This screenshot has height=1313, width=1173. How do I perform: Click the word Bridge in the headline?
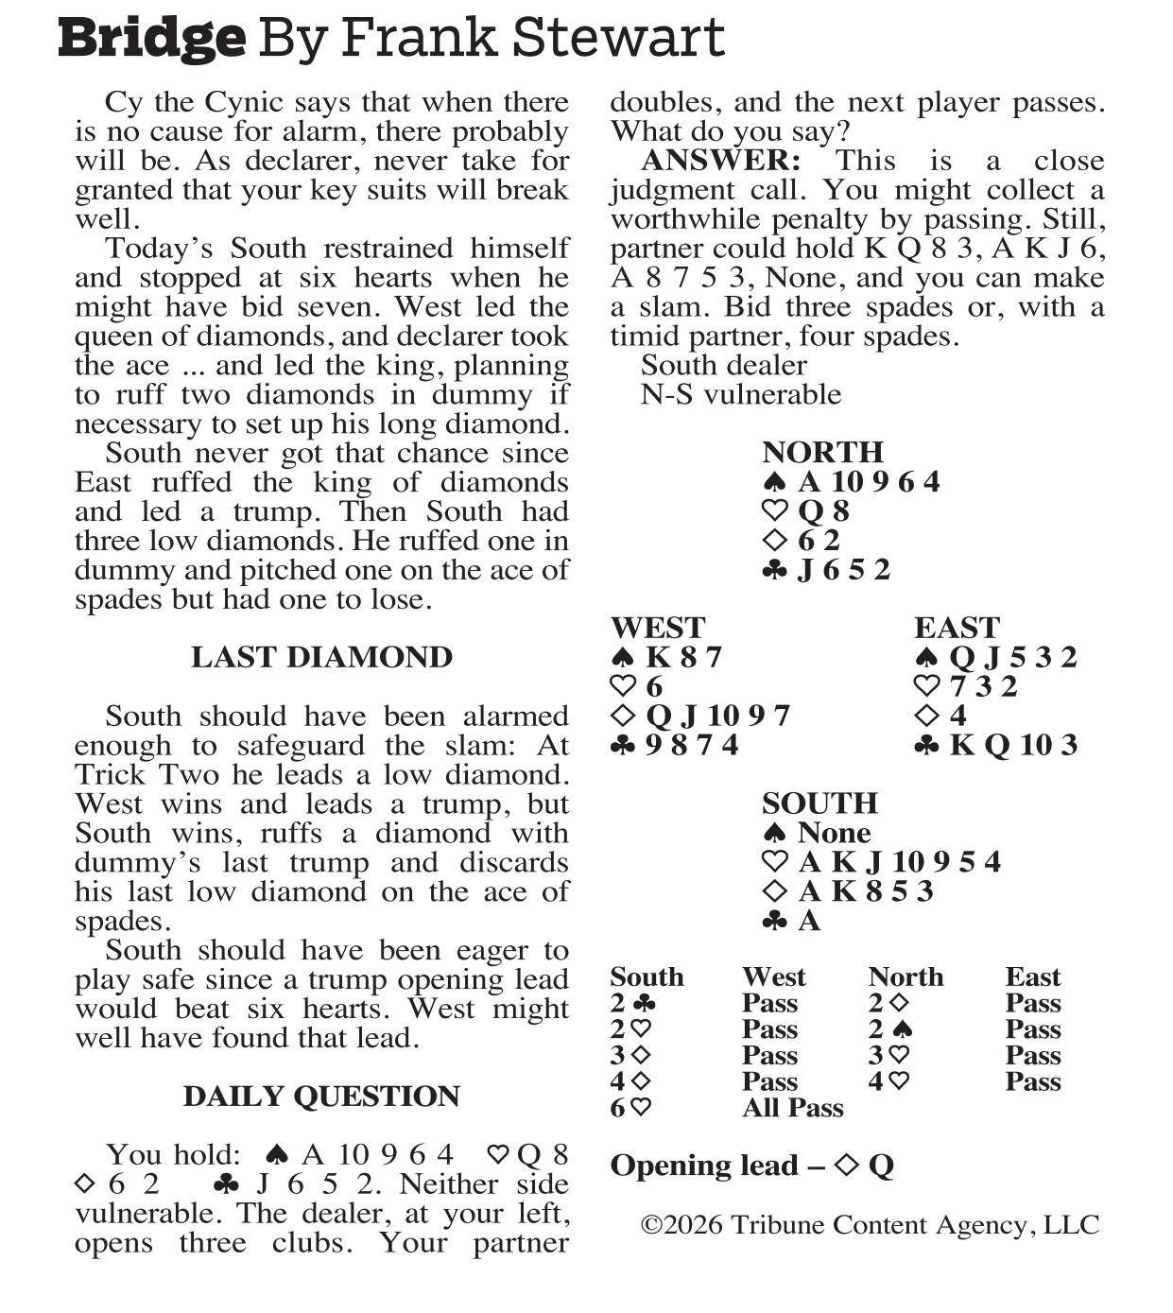point(151,40)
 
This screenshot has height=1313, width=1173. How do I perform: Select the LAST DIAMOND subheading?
point(321,657)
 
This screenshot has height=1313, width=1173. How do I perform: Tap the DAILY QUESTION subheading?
point(321,1096)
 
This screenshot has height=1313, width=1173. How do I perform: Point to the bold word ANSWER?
point(721,161)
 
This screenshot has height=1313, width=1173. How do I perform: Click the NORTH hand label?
point(822,452)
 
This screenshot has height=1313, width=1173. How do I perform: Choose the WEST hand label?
point(658,628)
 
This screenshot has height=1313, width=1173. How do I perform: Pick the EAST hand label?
point(957,628)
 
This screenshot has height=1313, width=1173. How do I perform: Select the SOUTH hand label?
point(819,803)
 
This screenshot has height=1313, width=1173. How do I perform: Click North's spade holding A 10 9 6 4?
point(869,482)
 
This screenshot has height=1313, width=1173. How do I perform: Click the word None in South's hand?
point(834,833)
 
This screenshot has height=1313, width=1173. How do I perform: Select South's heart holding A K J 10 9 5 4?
point(899,862)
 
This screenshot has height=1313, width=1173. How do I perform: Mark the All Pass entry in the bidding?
point(792,1108)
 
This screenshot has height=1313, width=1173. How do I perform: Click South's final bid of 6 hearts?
point(630,1108)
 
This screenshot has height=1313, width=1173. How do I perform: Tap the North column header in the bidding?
point(906,976)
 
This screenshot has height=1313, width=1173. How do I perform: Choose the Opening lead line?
point(751,1166)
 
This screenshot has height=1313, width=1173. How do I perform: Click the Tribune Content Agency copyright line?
point(870,1225)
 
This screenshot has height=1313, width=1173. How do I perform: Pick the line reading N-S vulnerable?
point(740,394)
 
